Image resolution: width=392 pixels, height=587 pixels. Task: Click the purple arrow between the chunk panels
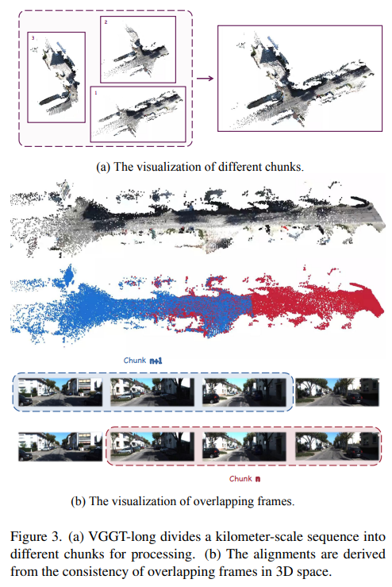click(205, 79)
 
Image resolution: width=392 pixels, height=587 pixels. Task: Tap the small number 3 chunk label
click(33, 38)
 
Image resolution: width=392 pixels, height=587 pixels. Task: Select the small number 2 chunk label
click(106, 22)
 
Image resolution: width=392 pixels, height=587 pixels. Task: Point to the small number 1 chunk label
click(96, 92)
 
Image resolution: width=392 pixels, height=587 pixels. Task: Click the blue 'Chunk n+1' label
click(143, 361)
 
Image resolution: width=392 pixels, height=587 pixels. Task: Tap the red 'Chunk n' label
click(244, 479)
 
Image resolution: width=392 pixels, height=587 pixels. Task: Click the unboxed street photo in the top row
click(337, 392)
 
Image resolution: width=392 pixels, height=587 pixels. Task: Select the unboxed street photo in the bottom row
click(60, 446)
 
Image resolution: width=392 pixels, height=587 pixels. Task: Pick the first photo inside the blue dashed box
click(60, 392)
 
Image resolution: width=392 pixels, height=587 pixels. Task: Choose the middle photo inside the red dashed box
click(244, 446)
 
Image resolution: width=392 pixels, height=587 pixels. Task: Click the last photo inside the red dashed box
click(336, 446)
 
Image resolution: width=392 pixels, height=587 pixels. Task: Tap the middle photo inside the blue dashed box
click(152, 392)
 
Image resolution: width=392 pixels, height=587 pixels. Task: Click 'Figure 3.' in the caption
click(36, 537)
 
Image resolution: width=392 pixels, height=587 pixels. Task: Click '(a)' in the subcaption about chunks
click(103, 167)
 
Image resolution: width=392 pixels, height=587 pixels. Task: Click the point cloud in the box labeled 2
click(137, 52)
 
